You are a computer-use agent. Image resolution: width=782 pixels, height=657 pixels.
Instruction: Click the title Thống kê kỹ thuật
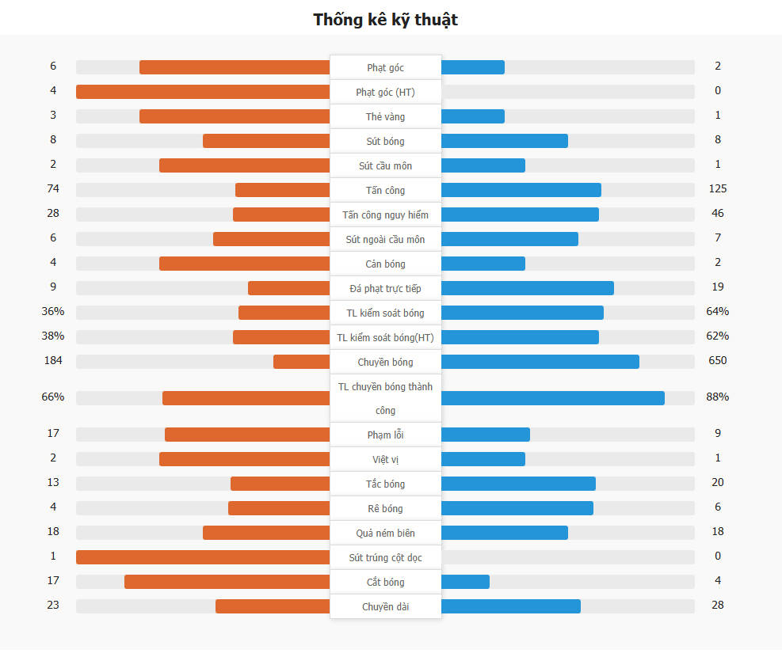click(x=385, y=20)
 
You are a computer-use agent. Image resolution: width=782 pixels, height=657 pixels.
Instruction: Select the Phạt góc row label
click(x=385, y=68)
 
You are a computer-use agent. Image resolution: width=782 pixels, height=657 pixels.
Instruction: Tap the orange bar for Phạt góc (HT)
click(x=203, y=92)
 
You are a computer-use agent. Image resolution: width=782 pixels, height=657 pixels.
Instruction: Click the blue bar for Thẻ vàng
click(x=472, y=116)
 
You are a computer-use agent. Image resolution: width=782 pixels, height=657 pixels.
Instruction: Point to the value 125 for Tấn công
click(x=718, y=189)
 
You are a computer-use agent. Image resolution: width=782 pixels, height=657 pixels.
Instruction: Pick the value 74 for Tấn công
click(x=53, y=189)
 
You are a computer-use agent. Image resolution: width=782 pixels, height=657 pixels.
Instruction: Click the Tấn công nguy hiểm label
click(x=385, y=215)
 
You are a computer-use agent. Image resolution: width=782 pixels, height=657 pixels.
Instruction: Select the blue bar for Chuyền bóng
click(x=540, y=362)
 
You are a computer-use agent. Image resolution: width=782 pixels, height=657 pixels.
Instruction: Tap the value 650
click(x=718, y=361)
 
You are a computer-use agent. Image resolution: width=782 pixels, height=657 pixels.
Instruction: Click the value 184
click(x=53, y=361)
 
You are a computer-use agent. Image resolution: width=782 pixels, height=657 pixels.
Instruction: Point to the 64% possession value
click(x=718, y=312)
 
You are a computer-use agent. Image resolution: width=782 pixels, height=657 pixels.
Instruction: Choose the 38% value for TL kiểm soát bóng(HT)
click(x=53, y=336)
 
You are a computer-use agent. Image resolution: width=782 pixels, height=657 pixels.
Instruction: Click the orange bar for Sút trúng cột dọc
click(x=203, y=557)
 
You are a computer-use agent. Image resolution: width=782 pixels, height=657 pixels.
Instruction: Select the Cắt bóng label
click(x=385, y=583)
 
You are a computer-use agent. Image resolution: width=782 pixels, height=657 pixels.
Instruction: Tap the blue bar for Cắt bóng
click(x=465, y=582)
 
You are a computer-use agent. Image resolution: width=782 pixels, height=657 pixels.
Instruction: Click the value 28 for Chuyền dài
click(x=718, y=606)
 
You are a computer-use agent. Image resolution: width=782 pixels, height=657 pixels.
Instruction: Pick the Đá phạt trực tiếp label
click(x=385, y=288)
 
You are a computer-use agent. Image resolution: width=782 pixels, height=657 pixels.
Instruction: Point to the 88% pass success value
click(x=718, y=397)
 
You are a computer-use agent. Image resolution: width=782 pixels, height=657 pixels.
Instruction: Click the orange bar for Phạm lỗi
click(x=247, y=435)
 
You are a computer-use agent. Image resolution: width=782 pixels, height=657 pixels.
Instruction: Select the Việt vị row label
click(x=385, y=460)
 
